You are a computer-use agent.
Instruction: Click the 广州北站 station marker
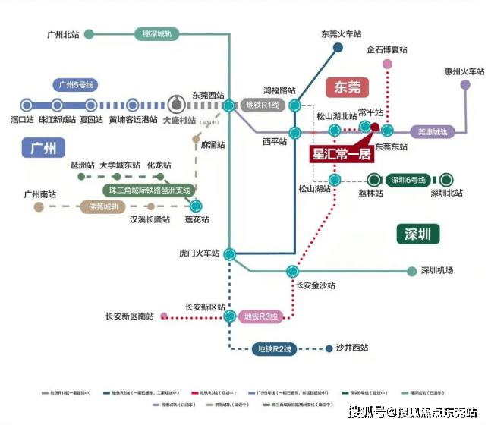pos(89,34)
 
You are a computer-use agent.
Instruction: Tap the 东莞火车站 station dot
pos(338,48)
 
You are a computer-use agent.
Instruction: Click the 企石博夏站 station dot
pos(387,64)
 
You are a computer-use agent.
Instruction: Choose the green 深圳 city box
pos(417,232)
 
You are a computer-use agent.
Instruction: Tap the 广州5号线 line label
pos(74,85)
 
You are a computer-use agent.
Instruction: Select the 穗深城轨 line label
pos(157,33)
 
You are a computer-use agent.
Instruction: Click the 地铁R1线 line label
pos(263,105)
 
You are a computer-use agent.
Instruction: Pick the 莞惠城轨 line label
pos(433,131)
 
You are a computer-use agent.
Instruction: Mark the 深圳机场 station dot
pos(412,270)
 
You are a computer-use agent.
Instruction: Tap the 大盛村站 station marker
pos(176,105)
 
